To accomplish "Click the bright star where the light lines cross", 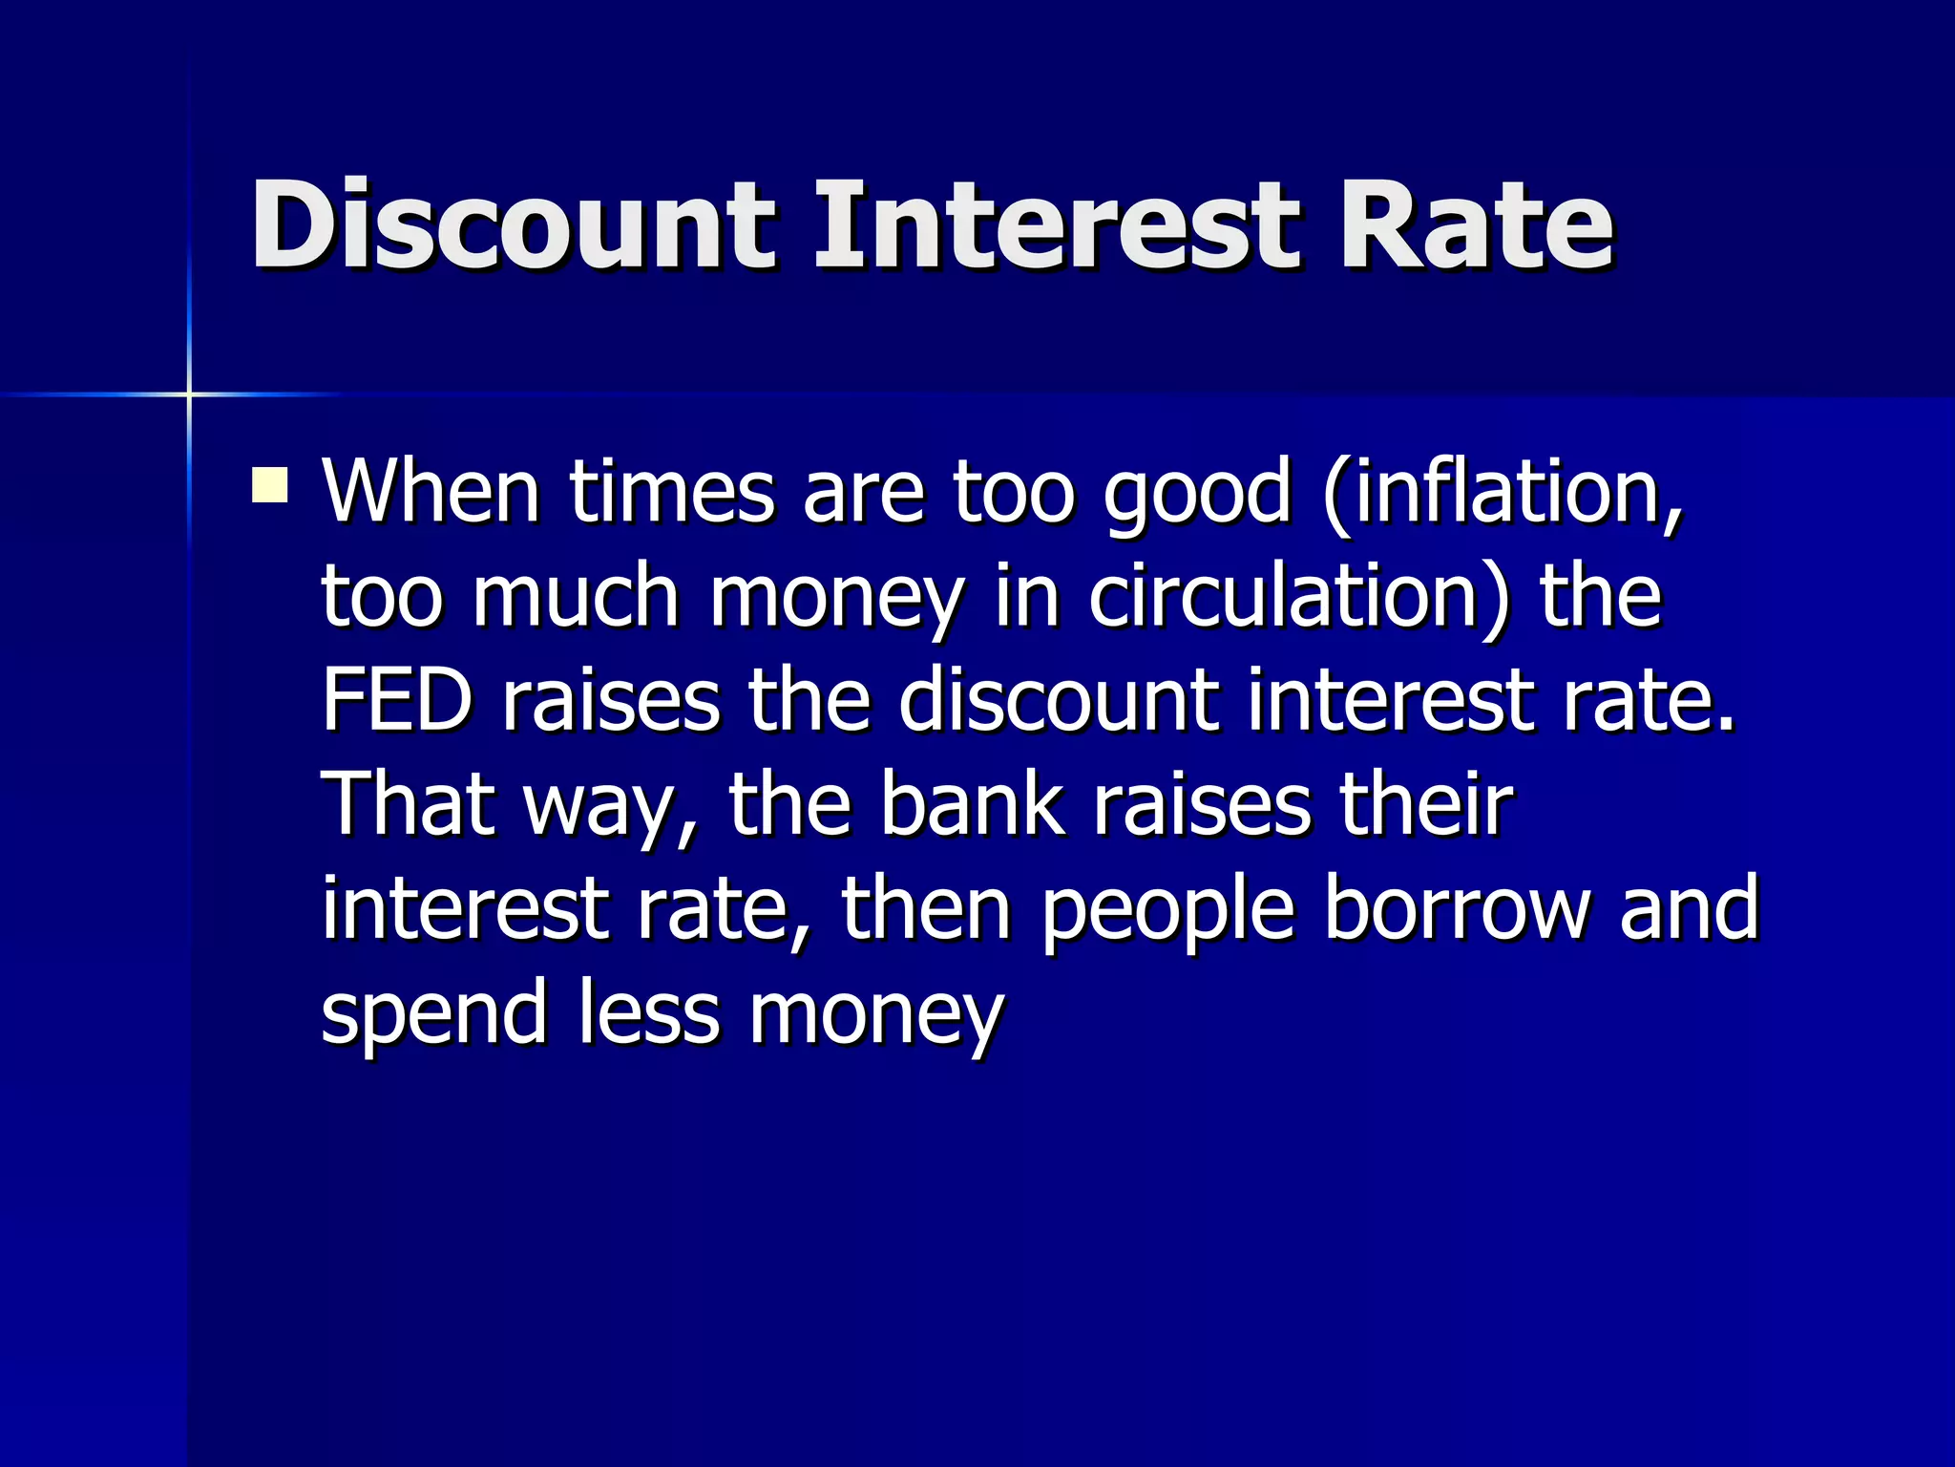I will click(x=189, y=393).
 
